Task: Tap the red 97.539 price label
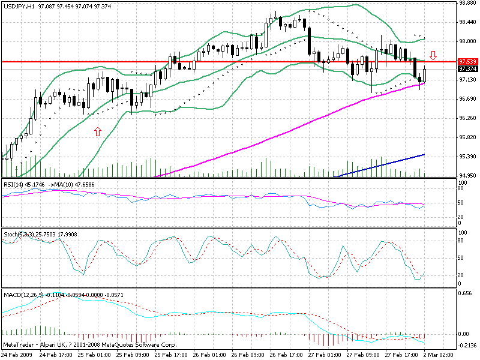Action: (467, 62)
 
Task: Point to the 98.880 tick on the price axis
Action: (467, 3)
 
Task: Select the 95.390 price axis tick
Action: (467, 156)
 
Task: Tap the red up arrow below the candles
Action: (97, 131)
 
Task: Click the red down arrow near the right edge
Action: (433, 55)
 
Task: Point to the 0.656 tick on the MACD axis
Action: (466, 293)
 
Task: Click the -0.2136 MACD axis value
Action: (467, 345)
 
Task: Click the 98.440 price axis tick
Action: (467, 22)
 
